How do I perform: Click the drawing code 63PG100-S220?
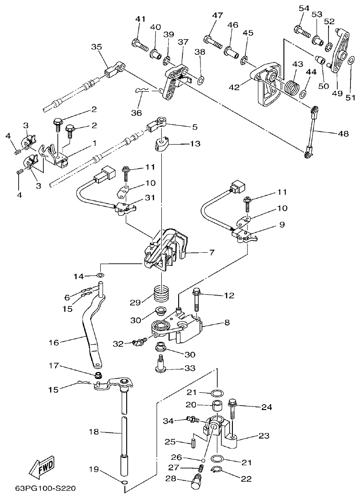click(46, 489)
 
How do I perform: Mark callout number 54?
click(304, 8)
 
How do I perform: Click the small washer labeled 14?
click(101, 275)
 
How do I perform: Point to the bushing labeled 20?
click(217, 406)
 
